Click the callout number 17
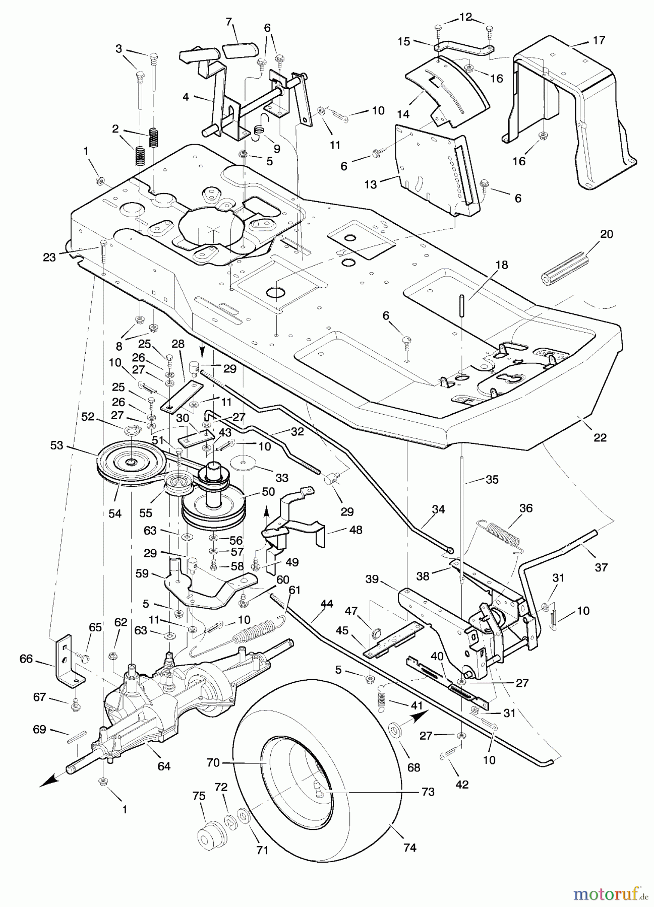[x=599, y=40]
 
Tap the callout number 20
[x=607, y=234]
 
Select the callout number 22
[x=600, y=437]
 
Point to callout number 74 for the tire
[x=410, y=848]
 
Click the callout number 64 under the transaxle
[x=164, y=766]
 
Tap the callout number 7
[x=229, y=22]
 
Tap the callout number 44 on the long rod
[x=327, y=603]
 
